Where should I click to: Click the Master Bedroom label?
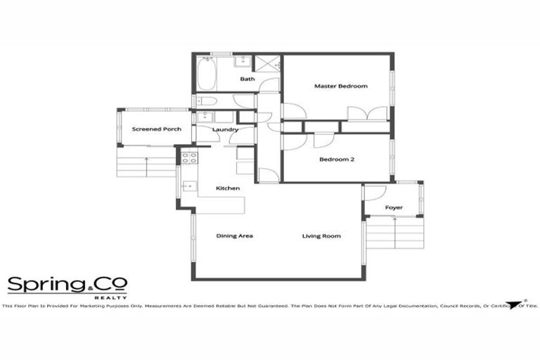[x=340, y=86]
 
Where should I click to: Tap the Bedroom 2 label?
[x=336, y=159]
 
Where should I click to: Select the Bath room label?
[x=247, y=79]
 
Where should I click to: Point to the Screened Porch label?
[x=157, y=129]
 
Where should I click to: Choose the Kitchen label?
[x=228, y=188]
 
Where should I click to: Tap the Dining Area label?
[x=234, y=236]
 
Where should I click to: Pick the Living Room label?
[x=321, y=236]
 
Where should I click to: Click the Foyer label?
[x=394, y=208]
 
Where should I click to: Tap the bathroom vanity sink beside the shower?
[x=242, y=62]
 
